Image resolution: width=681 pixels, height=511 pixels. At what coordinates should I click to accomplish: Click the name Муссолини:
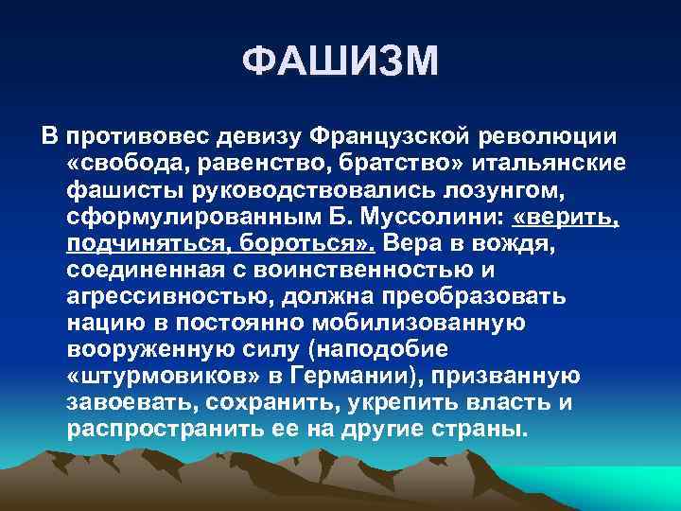point(442,218)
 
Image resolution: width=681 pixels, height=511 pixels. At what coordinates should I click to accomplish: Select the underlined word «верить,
point(566,218)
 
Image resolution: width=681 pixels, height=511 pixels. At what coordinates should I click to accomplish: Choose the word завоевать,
point(126,403)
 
